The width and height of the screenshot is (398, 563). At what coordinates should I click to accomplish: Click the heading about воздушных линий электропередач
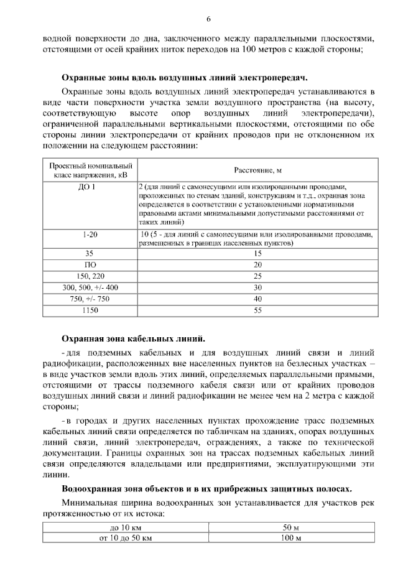tap(185, 77)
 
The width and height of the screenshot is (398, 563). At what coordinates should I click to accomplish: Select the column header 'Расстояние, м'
tap(257, 170)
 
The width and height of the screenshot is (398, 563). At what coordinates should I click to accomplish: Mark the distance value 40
tap(257, 299)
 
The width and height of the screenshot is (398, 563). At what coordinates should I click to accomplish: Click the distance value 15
tap(257, 254)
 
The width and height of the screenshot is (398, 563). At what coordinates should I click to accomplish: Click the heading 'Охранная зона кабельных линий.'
tap(132, 339)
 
